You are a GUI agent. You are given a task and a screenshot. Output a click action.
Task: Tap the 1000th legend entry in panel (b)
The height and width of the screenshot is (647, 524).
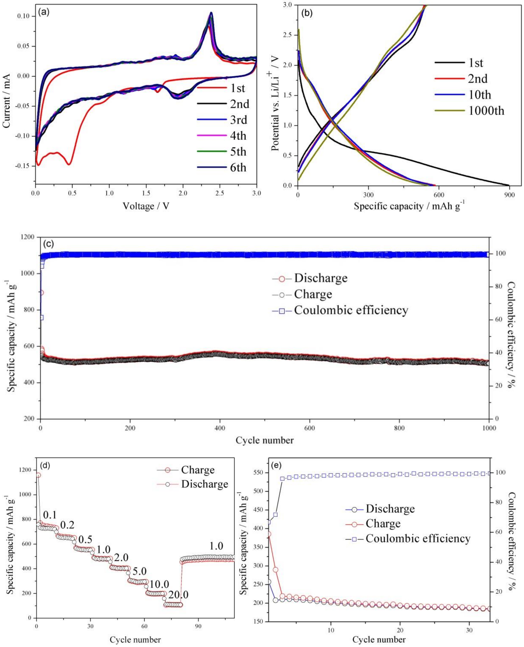486,111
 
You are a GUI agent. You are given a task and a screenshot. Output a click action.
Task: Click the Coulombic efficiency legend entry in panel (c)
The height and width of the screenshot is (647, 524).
351,310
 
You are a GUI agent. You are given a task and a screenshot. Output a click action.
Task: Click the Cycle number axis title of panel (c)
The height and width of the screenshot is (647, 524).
264,440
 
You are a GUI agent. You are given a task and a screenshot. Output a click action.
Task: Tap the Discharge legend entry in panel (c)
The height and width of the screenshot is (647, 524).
321,278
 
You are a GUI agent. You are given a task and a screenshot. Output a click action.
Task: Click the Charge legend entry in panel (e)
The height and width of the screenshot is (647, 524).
383,524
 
